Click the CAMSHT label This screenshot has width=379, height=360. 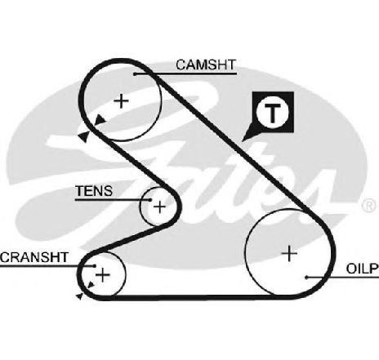(x=206, y=64)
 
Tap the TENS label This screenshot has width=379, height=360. (x=94, y=191)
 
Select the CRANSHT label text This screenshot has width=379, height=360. (x=34, y=257)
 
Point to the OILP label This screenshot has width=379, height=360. (x=363, y=269)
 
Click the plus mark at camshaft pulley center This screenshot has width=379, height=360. (x=121, y=101)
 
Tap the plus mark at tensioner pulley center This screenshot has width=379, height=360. (x=159, y=207)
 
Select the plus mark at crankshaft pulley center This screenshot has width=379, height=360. (x=103, y=275)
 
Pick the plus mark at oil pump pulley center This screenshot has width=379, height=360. (x=289, y=254)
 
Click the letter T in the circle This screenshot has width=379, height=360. (x=273, y=113)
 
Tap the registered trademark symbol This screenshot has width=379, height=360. (x=369, y=206)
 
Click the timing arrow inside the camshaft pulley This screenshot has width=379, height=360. (x=100, y=120)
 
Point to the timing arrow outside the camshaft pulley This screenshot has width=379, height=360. (x=83, y=136)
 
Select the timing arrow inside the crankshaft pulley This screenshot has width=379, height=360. (x=91, y=285)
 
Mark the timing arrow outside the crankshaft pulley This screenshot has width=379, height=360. (x=79, y=296)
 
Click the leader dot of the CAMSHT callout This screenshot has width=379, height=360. (x=135, y=74)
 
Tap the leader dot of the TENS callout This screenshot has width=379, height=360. (x=150, y=200)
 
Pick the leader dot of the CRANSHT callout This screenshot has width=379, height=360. (x=95, y=266)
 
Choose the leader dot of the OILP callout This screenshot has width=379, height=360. (x=306, y=278)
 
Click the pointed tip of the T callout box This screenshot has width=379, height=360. (x=242, y=140)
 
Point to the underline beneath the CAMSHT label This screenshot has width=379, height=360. (x=185, y=73)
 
